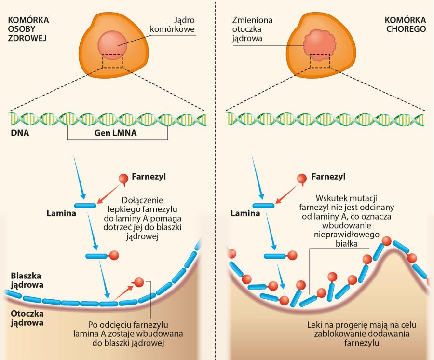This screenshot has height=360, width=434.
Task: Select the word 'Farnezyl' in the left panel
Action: [x=149, y=176]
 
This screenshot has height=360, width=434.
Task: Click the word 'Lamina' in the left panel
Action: [x=61, y=212]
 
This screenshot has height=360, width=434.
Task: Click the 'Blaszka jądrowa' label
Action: [x=27, y=280]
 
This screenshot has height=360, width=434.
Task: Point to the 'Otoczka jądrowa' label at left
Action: [x=27, y=316]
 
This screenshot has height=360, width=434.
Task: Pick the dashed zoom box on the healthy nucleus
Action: [x=112, y=60]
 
